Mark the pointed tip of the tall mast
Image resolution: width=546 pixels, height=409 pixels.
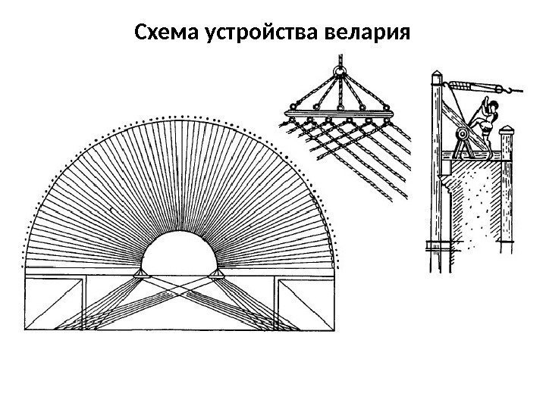[x=437, y=74]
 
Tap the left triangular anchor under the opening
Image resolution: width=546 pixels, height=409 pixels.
[x=140, y=273]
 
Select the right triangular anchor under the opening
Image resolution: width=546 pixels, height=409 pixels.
[x=218, y=273]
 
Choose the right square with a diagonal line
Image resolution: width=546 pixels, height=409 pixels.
[x=306, y=305]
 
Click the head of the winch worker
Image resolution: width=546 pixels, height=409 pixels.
[x=492, y=105]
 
